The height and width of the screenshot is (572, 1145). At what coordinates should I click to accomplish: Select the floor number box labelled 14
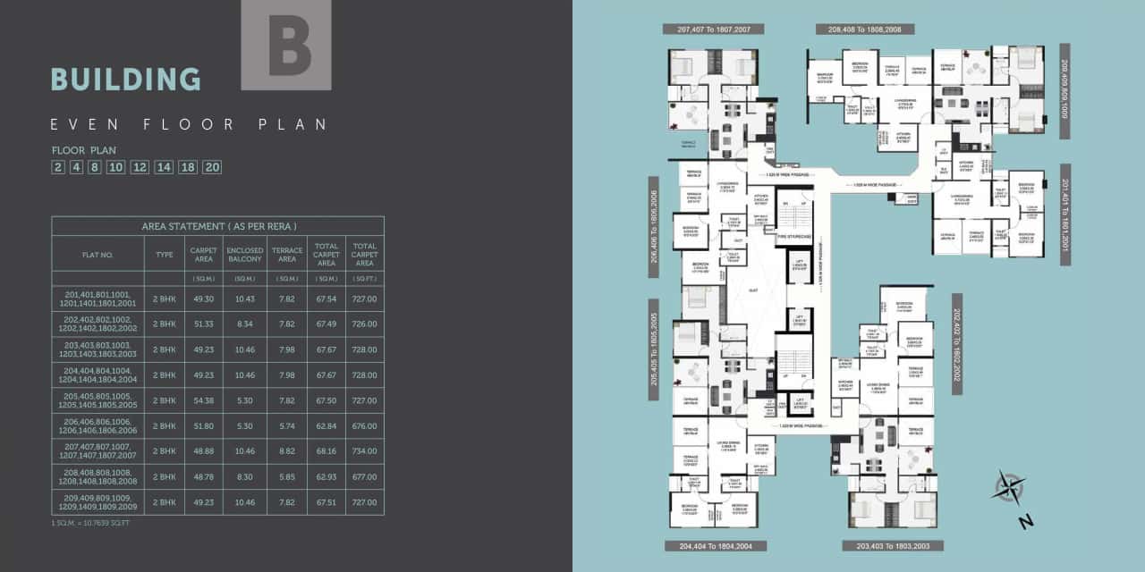tap(164, 167)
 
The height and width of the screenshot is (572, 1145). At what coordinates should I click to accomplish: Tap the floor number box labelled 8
tap(95, 167)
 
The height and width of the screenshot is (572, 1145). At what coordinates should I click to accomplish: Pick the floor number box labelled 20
tap(212, 167)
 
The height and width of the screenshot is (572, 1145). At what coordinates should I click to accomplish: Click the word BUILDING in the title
tap(126, 80)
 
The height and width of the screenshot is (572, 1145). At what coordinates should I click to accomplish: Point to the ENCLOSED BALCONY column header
tap(245, 255)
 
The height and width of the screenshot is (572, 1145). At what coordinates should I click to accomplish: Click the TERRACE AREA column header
tap(287, 255)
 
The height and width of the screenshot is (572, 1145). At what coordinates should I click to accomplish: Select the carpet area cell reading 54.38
tap(204, 400)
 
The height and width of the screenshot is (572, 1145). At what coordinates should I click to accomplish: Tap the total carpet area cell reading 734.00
tap(364, 451)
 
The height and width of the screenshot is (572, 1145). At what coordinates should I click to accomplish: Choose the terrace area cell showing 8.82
tap(287, 451)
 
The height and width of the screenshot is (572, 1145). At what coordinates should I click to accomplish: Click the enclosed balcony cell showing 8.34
tap(245, 324)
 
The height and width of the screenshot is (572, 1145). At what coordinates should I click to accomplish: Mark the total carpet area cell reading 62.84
tap(327, 426)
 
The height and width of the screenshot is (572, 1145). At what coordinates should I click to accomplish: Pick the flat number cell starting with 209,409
tap(98, 502)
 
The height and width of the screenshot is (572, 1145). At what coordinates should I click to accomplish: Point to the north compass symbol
tap(1009, 489)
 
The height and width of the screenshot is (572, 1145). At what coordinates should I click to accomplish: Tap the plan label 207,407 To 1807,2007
tap(713, 29)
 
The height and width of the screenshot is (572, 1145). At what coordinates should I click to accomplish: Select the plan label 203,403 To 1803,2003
tap(893, 545)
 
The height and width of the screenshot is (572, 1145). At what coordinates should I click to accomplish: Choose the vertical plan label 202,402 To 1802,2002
tap(956, 344)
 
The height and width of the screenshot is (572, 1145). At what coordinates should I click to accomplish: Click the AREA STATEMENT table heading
tap(218, 226)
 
